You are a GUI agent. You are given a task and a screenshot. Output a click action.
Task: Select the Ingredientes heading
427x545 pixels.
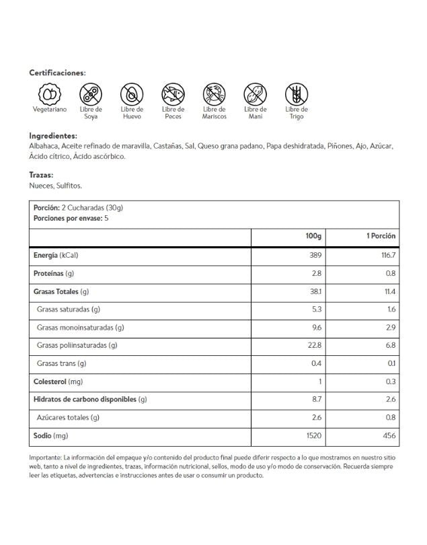53,135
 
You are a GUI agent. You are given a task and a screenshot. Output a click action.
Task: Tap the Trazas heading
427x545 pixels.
41,175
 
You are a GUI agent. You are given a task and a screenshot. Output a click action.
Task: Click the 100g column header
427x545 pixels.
313,236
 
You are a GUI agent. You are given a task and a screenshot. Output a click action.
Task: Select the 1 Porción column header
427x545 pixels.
381,236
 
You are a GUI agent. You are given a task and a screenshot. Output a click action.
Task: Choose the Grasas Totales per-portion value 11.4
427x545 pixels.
389,291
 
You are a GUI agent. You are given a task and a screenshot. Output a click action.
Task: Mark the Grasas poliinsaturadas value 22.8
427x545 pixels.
315,345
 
